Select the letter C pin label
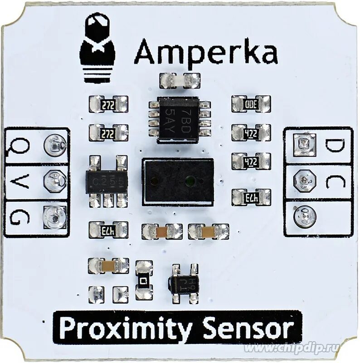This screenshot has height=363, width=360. click(336, 181)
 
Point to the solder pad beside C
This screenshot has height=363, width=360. click(304, 180)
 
